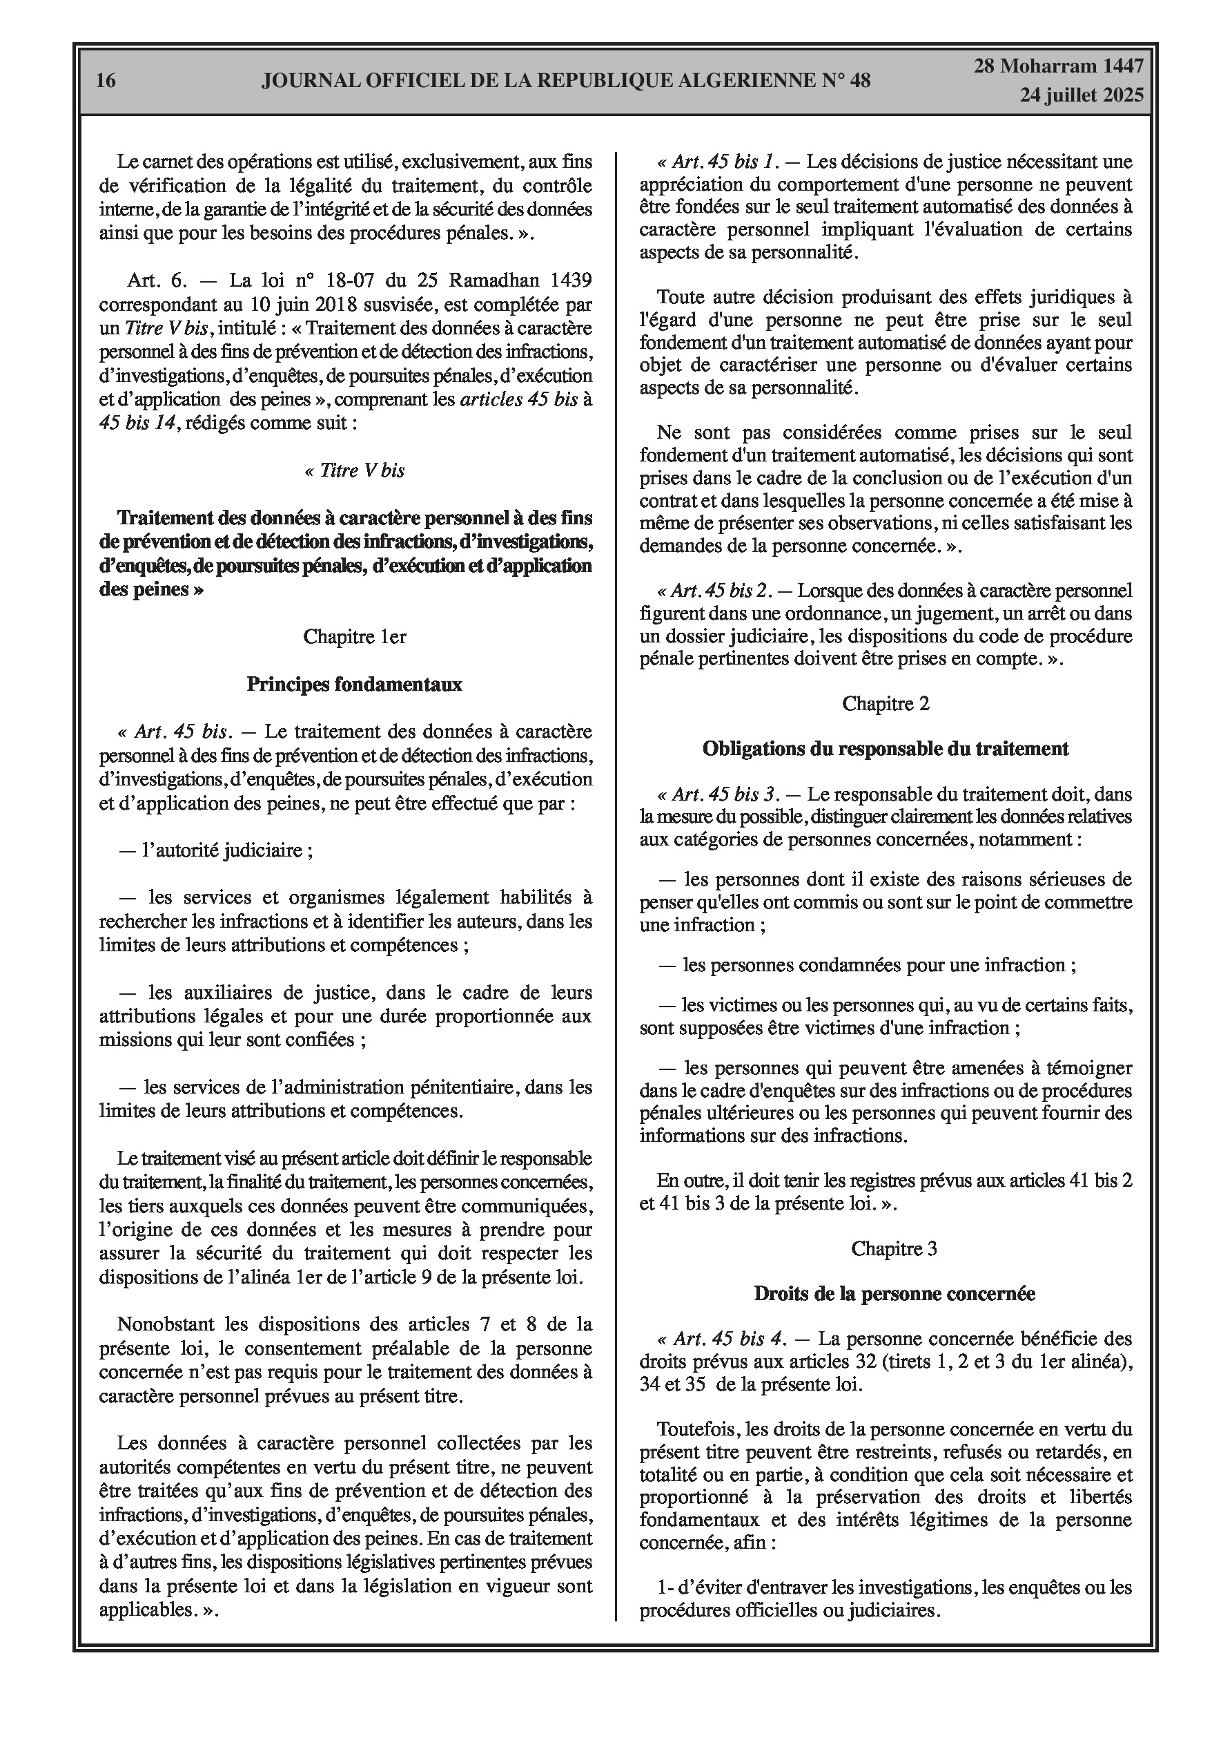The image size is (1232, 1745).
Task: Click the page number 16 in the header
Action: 106,81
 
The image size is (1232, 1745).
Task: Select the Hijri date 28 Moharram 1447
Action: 1059,66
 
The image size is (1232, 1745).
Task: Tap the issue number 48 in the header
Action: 861,81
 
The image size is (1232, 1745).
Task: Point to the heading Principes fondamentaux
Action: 354,684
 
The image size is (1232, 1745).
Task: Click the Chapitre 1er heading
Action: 354,636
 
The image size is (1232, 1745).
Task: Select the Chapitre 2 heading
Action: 886,703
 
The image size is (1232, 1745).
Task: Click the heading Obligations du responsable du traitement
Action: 886,749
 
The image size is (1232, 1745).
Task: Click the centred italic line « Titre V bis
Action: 354,470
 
